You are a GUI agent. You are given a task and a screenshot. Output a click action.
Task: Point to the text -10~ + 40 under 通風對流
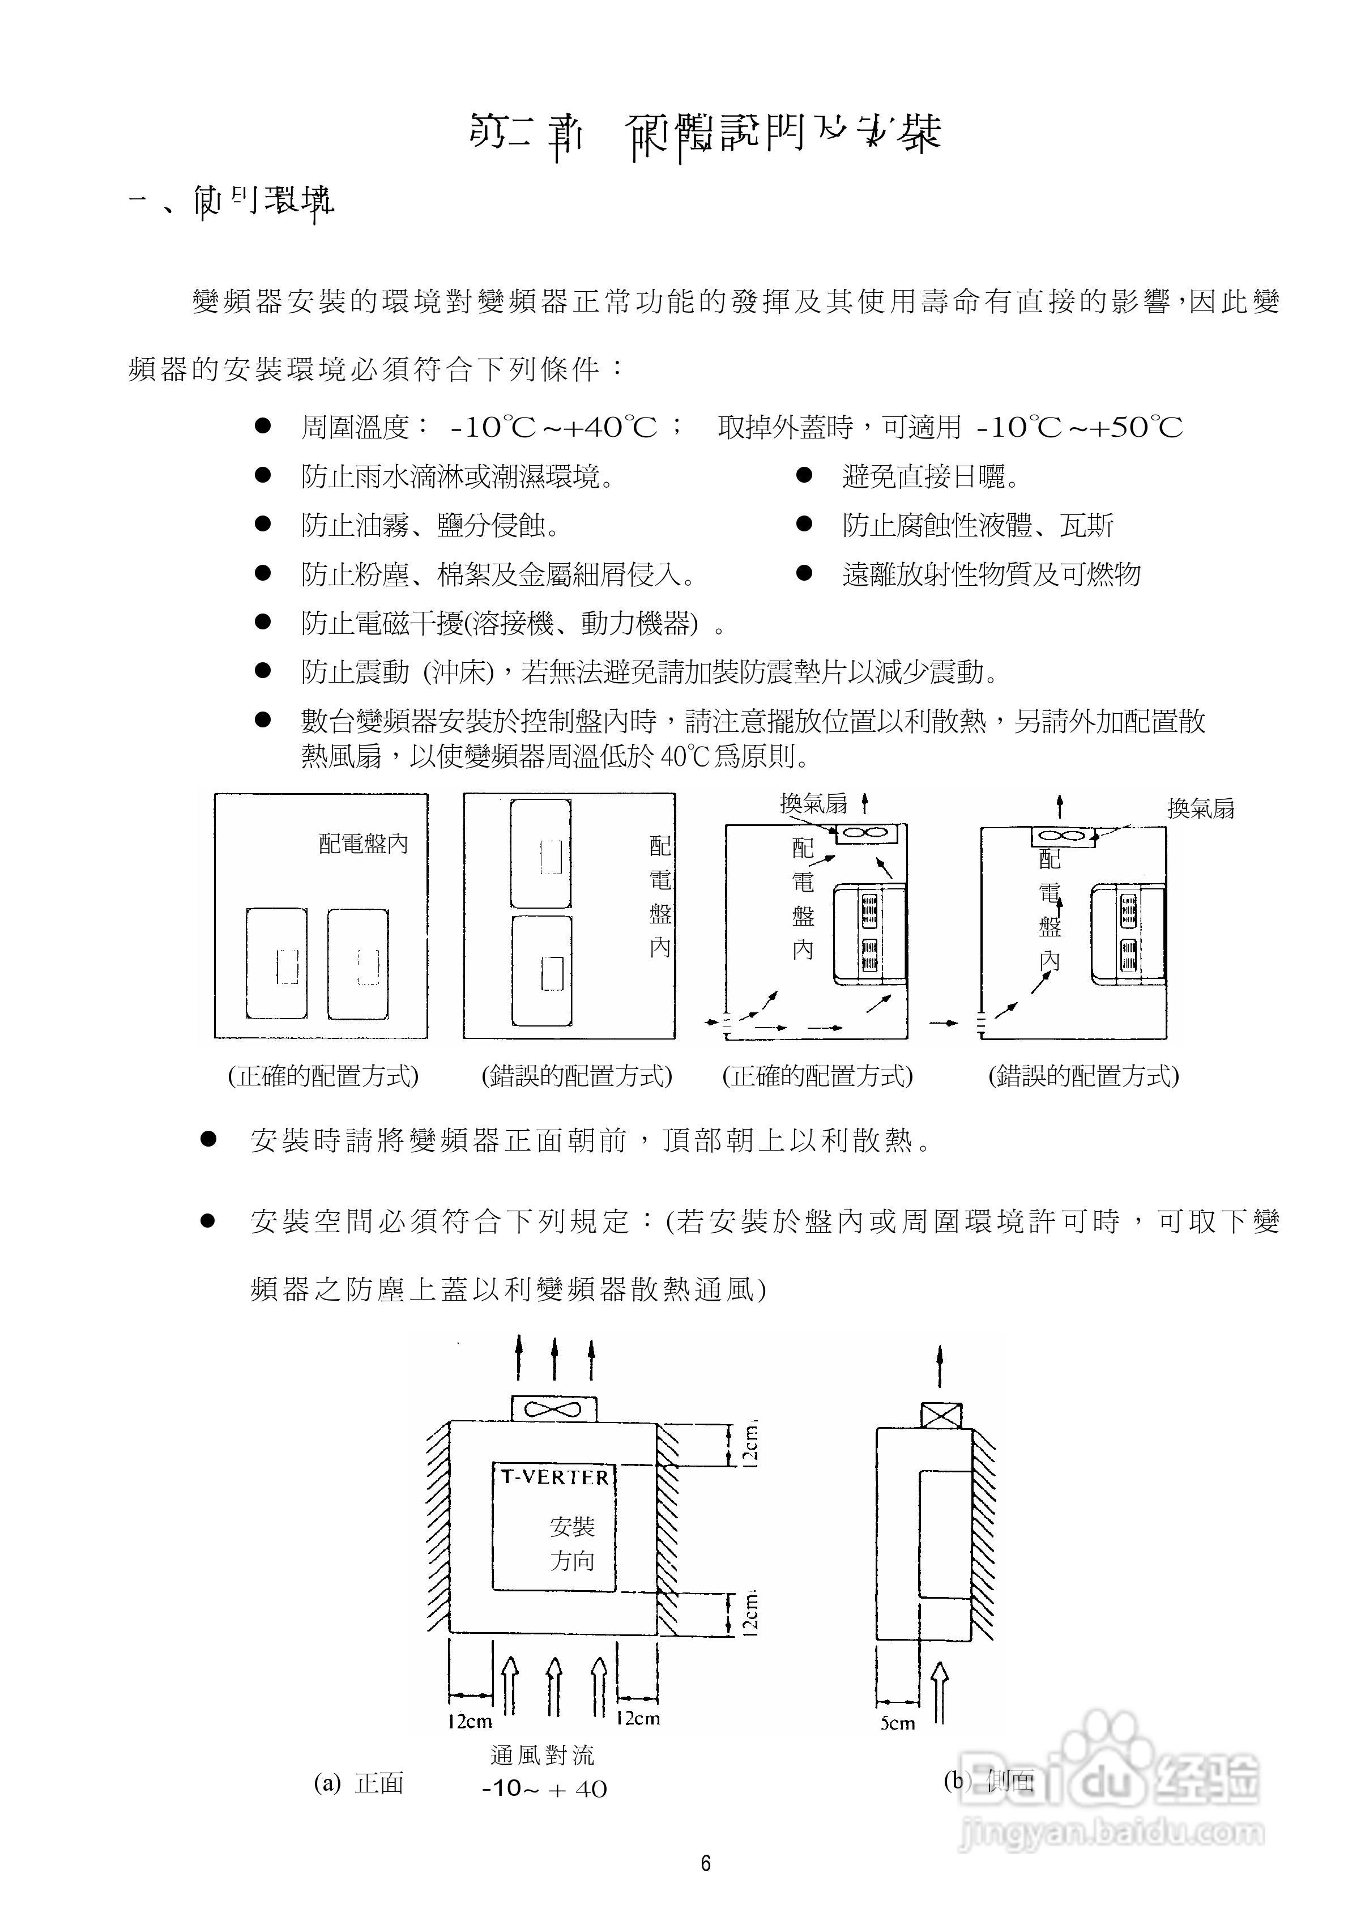[544, 1788]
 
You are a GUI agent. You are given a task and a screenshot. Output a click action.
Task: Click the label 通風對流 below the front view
[543, 1755]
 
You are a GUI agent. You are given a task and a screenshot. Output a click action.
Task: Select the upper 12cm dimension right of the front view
[749, 1444]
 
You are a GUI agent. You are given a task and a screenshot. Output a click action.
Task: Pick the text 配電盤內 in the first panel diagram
[363, 844]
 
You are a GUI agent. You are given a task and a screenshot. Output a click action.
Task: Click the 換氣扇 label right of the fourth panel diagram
[1200, 808]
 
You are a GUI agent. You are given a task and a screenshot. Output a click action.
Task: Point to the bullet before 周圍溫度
[263, 427]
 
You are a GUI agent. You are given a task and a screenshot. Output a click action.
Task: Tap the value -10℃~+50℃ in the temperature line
[1078, 427]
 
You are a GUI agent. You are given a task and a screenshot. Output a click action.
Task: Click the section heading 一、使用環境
[233, 202]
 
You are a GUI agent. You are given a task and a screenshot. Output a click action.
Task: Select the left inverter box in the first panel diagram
[277, 964]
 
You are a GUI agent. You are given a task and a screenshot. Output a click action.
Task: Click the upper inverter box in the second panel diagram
[541, 854]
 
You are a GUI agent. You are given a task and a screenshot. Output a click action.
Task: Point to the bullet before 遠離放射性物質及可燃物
[804, 573]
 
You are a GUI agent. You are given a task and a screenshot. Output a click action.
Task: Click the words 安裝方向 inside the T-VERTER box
[572, 1543]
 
